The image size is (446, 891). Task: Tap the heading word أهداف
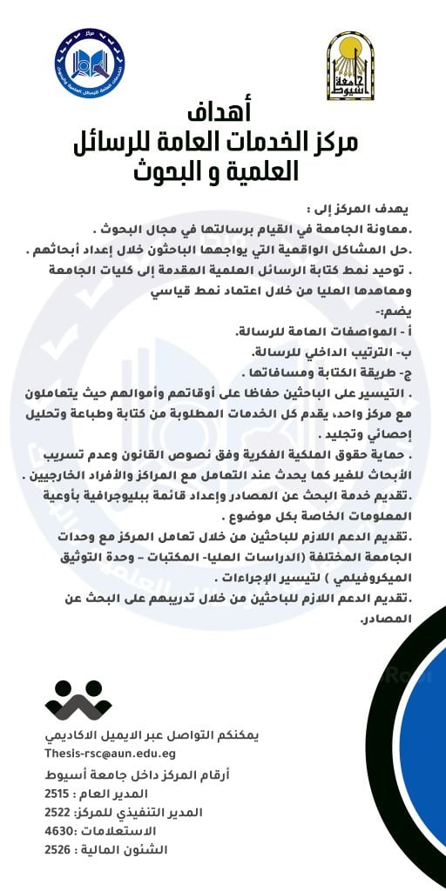pyautogui.click(x=222, y=114)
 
